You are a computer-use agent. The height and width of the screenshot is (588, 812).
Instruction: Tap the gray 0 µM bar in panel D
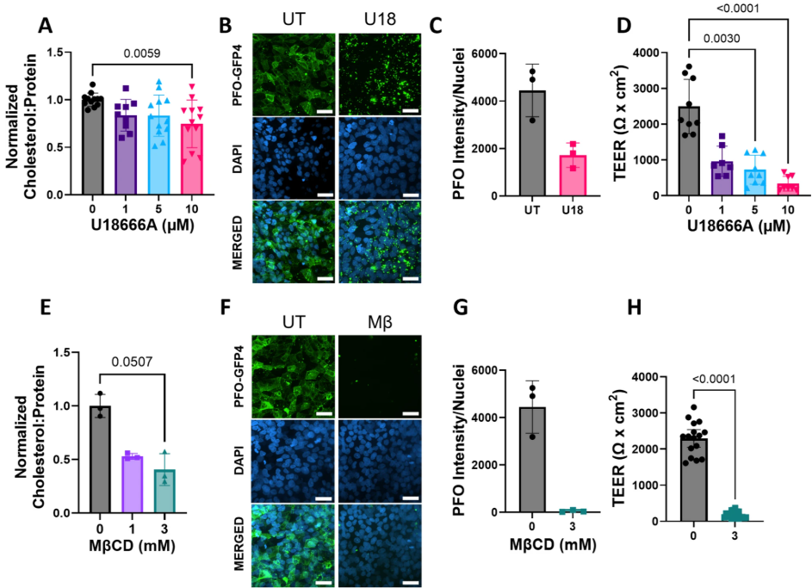[689, 152]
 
